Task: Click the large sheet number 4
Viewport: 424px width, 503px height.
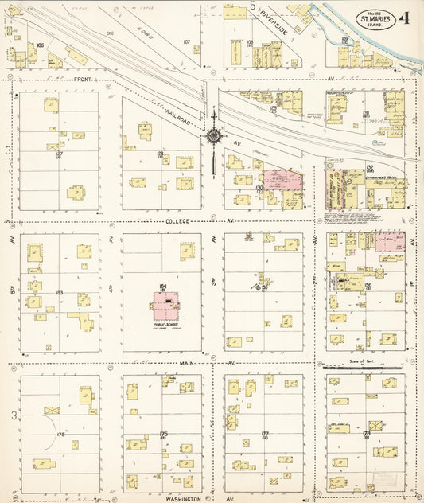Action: click(406, 17)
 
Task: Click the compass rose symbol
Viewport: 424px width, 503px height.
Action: click(214, 136)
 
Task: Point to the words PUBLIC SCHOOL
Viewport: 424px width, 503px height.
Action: click(169, 325)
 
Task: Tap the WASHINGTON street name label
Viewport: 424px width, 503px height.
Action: click(183, 499)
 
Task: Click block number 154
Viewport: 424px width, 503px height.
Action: click(162, 287)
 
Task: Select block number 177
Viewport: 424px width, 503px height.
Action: click(264, 435)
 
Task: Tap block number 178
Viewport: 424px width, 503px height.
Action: click(367, 434)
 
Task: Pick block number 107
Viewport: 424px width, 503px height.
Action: click(186, 41)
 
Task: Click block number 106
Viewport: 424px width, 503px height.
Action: click(40, 45)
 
